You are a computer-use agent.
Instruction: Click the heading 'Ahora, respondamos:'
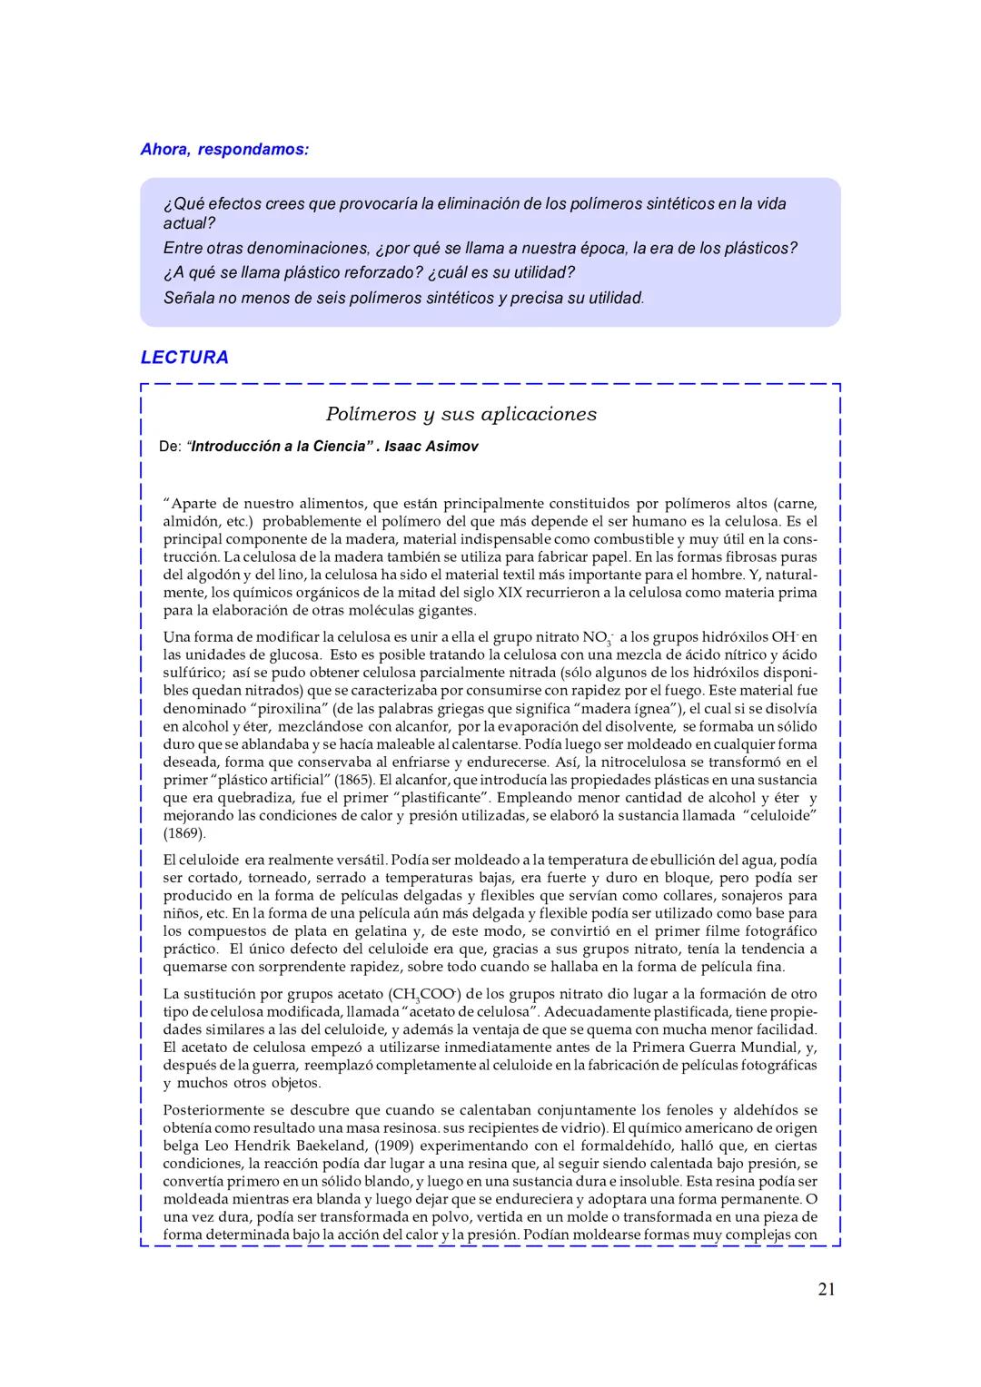[x=224, y=149]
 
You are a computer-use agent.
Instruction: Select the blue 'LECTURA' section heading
[x=184, y=358]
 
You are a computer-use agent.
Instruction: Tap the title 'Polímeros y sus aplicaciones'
[x=461, y=414]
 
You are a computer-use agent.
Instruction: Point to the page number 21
[x=826, y=1289]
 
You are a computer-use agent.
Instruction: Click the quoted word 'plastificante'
[x=434, y=798]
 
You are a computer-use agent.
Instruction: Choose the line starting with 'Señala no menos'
[x=403, y=298]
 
